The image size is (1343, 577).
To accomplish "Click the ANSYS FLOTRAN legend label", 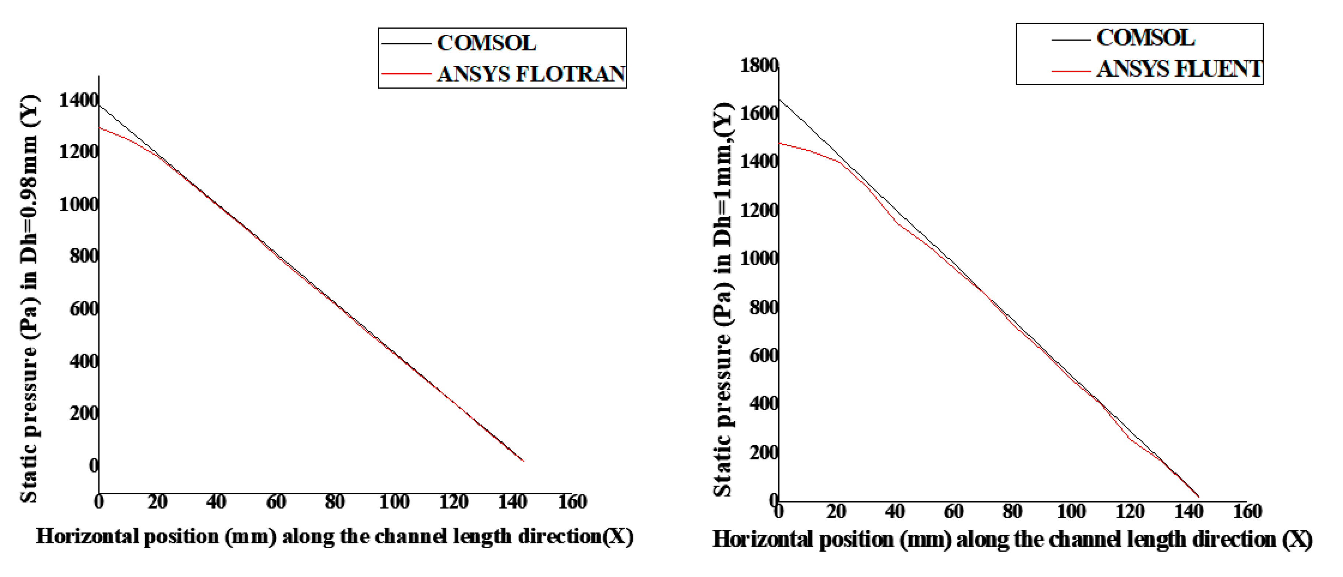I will [x=531, y=73].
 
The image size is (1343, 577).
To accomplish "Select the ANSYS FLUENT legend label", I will [x=1179, y=69].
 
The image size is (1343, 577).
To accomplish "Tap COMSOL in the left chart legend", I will [x=486, y=43].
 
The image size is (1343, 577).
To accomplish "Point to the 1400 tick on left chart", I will [x=78, y=99].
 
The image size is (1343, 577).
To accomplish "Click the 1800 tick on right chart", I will [x=759, y=66].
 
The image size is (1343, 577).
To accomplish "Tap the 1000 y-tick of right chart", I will [x=759, y=258].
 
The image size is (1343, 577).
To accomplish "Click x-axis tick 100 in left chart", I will [x=394, y=502].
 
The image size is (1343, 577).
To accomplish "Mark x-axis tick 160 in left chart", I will [x=572, y=502].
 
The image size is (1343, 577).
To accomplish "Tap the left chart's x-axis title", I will [x=334, y=536].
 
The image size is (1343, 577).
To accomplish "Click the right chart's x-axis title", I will [x=1012, y=539].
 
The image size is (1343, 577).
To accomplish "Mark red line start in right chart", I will [x=780, y=143].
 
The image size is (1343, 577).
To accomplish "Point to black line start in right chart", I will [x=780, y=99].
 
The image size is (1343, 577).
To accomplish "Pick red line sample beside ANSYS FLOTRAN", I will [x=406, y=73].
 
